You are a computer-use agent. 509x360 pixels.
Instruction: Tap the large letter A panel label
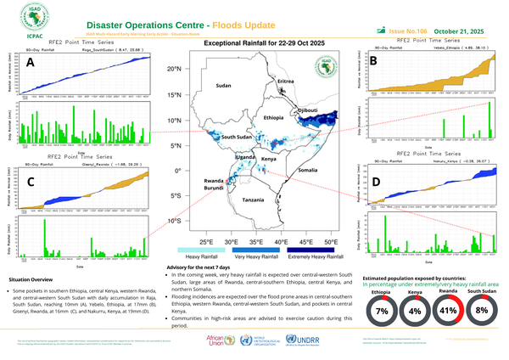click(31, 64)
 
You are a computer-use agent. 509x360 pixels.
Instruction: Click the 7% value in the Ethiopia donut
click(381, 312)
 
